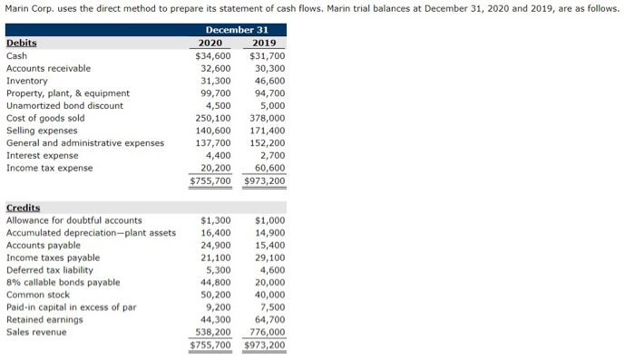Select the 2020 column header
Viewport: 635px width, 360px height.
click(210, 43)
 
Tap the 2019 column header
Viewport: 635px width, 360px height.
click(264, 43)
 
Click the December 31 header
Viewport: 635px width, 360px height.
click(237, 30)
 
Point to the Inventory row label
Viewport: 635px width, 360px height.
click(26, 81)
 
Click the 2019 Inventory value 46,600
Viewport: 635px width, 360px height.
click(268, 81)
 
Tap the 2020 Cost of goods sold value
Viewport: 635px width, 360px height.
click(213, 118)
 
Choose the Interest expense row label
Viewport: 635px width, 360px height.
click(43, 155)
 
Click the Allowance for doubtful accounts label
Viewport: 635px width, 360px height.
click(73, 220)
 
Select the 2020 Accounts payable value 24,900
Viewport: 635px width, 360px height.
click(216, 245)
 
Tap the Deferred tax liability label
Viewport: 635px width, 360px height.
click(50, 269)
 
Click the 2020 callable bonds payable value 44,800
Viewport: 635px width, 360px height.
click(216, 282)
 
